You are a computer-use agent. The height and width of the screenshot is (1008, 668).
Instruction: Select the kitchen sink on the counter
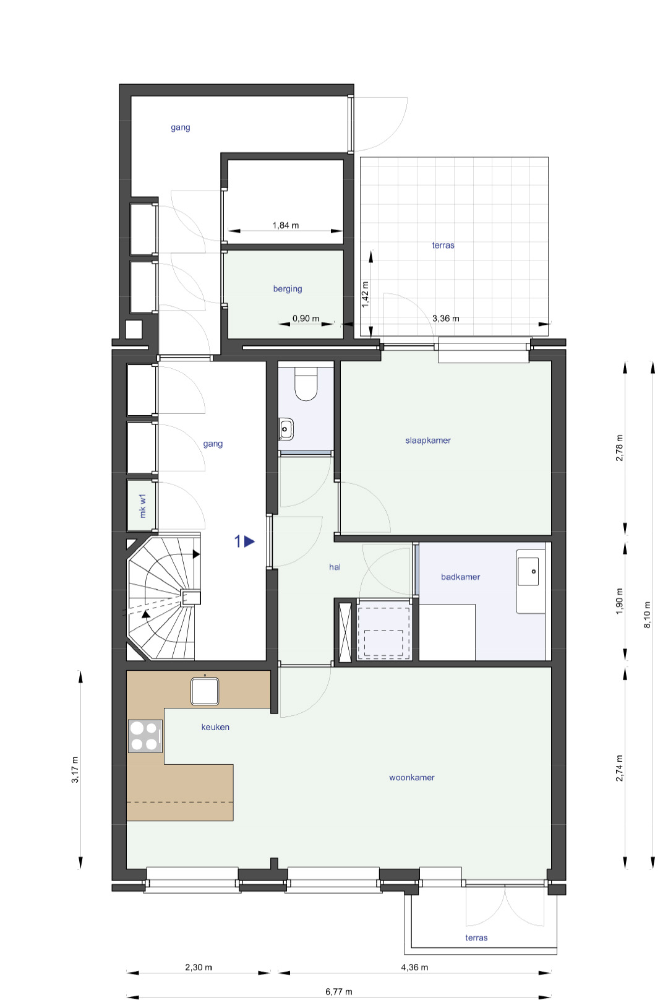(205, 691)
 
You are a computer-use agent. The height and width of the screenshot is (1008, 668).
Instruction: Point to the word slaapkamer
(427, 440)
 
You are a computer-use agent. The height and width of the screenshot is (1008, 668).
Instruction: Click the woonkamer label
(411, 777)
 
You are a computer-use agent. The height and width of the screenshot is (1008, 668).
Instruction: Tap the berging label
(288, 288)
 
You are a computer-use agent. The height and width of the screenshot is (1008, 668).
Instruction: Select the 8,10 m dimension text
(647, 614)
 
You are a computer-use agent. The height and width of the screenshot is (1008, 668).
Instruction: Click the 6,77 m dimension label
(339, 991)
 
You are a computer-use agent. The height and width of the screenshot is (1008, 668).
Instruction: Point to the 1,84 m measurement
(285, 225)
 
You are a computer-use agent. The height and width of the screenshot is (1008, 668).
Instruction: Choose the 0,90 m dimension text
(306, 318)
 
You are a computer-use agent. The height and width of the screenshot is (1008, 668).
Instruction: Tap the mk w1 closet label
(143, 506)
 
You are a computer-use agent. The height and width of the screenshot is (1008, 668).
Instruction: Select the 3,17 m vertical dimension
(75, 770)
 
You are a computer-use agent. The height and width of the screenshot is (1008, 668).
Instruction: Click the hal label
(335, 567)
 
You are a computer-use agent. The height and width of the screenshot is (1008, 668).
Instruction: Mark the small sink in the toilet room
(286, 429)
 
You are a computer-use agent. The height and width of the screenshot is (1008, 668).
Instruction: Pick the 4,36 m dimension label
(414, 967)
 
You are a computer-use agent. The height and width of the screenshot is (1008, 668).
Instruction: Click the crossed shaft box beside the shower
(345, 631)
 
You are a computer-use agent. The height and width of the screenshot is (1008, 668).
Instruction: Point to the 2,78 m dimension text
(619, 448)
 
